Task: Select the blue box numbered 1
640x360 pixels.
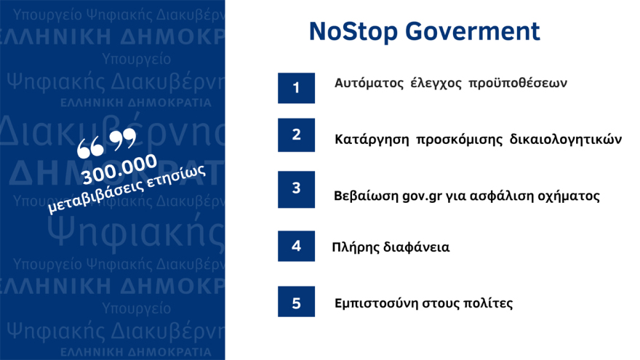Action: click(296, 88)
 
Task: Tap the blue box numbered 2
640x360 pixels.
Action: click(296, 135)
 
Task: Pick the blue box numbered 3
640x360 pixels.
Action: click(296, 188)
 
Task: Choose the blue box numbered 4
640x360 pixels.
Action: click(296, 246)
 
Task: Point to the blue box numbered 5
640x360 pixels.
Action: click(296, 302)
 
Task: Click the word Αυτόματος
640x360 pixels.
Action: click(369, 84)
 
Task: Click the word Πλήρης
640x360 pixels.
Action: click(355, 247)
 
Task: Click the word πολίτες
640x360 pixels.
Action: click(489, 303)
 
